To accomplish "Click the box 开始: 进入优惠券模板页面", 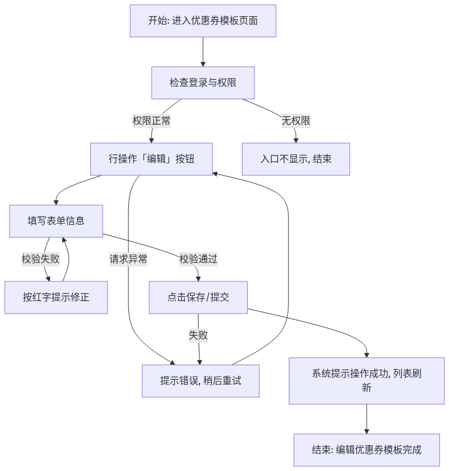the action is point(203,21).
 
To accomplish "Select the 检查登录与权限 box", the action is point(203,83).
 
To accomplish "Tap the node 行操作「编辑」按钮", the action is point(151,159).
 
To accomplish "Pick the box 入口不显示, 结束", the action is point(296,159).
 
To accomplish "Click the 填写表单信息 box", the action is point(56,221).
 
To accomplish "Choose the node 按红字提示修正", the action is point(56,298).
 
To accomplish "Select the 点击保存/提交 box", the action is point(198,298).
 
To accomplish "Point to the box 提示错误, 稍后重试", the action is point(201,381).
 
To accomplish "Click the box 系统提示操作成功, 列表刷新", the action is point(367,380).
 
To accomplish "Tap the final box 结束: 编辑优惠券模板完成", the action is point(367,450).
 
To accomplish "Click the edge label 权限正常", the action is point(151,121).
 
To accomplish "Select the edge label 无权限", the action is point(296,121).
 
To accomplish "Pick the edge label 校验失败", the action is point(41,259).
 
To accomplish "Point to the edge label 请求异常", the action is point(128,259).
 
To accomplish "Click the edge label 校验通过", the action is point(198,259).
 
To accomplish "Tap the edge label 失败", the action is point(198,335).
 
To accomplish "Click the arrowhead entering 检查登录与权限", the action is point(203,64).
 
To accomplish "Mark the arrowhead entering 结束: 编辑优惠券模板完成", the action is point(367,432).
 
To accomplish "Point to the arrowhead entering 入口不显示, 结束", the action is point(296,141).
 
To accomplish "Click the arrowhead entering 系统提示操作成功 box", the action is point(367,355).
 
